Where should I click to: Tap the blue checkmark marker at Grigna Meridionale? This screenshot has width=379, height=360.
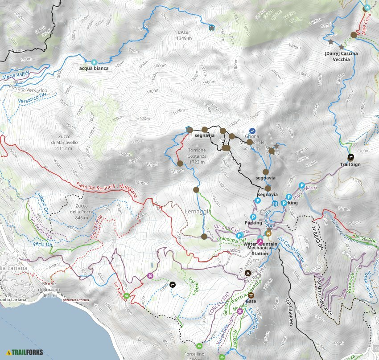tap(252, 131)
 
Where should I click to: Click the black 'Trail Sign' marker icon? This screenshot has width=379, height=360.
tap(350, 157)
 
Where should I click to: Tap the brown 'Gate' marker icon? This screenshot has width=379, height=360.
tap(251, 295)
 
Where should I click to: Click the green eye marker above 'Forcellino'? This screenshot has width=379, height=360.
tap(199, 346)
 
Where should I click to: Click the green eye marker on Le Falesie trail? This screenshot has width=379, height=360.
tap(127, 296)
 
